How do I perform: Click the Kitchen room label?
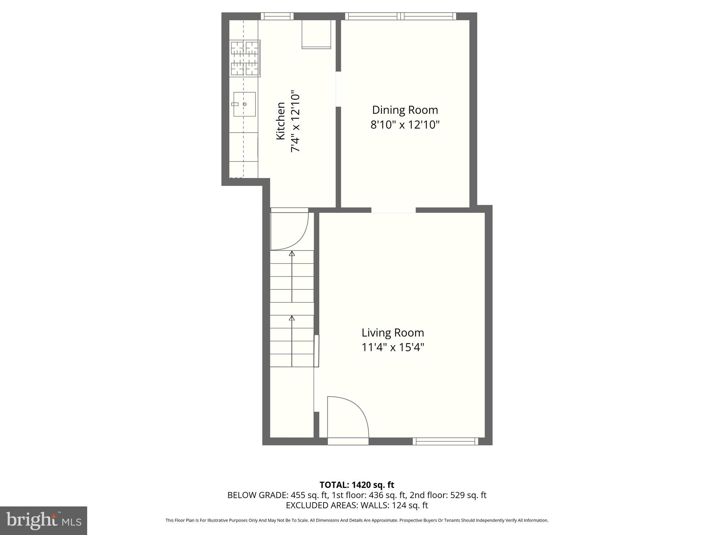[281, 121]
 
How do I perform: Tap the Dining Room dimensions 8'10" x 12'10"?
[405, 125]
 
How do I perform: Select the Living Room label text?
[393, 333]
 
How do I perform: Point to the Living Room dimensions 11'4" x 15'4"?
[393, 348]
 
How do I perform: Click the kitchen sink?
[244, 104]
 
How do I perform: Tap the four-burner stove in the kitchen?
[245, 58]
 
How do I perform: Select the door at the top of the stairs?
[289, 230]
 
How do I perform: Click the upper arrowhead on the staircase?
[292, 254]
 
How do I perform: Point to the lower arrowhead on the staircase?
[292, 318]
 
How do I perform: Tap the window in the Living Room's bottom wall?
[445, 441]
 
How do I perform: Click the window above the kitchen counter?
[277, 16]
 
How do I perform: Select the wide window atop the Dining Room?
[401, 16]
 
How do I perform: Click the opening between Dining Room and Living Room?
[393, 210]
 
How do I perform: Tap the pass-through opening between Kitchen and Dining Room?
[338, 89]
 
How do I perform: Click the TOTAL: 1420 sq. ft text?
[357, 485]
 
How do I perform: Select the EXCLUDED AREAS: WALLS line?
[357, 505]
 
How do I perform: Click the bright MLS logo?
[44, 520]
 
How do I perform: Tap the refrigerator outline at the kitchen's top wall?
[316, 34]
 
